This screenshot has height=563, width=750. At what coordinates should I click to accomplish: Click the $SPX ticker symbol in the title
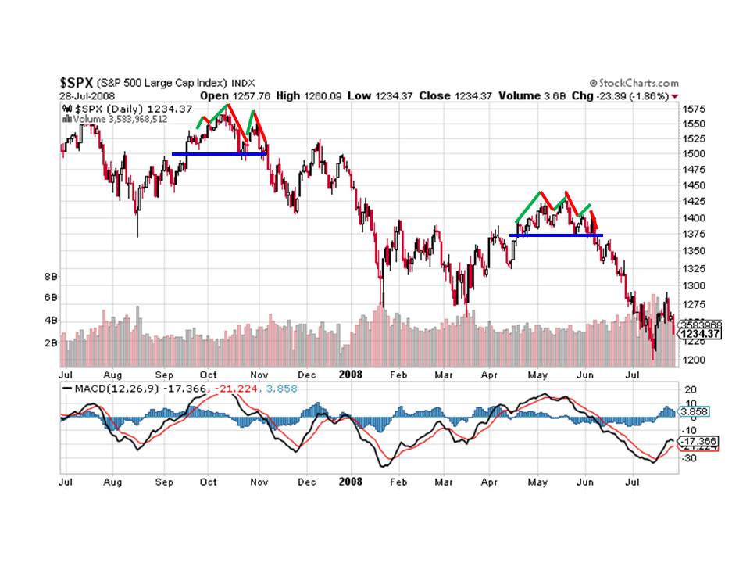[77, 82]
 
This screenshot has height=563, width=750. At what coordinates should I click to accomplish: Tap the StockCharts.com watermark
[634, 83]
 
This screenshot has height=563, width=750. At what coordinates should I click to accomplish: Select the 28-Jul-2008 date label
[87, 95]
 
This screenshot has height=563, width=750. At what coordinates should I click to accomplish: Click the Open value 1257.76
[251, 95]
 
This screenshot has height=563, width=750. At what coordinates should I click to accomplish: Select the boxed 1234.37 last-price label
[700, 334]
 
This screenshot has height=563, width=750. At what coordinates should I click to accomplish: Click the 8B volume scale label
[51, 276]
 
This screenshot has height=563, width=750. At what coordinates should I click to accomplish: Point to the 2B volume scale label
[51, 342]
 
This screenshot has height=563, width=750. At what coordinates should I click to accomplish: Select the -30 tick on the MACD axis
[691, 458]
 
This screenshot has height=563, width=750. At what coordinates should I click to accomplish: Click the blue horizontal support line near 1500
[219, 154]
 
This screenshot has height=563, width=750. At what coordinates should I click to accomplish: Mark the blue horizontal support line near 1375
[555, 235]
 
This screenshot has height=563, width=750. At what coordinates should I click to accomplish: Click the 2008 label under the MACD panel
[349, 482]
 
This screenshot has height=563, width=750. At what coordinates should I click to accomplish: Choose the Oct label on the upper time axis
[209, 374]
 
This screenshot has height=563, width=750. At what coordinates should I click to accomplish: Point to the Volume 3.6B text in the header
[529, 95]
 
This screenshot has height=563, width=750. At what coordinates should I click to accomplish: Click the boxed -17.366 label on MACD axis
[699, 441]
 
